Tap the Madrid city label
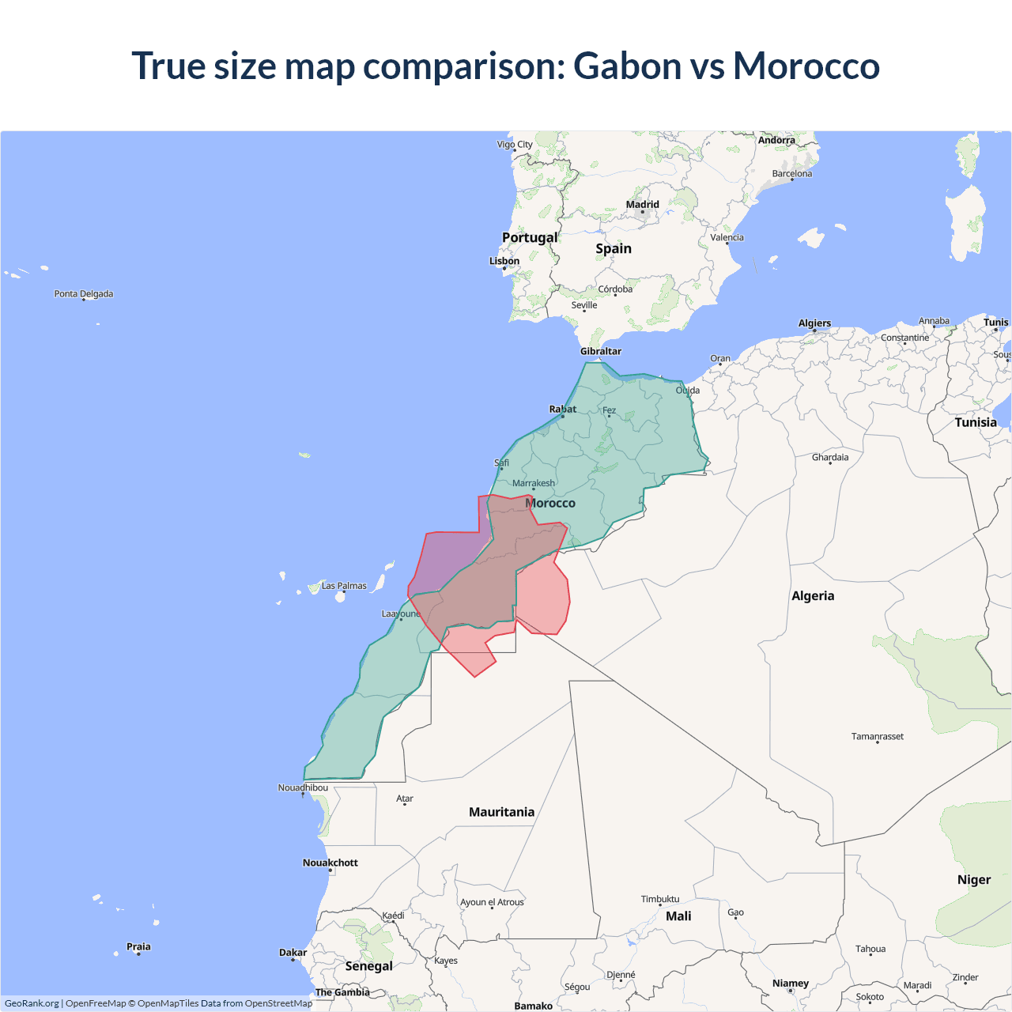(x=642, y=205)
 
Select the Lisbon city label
(x=504, y=261)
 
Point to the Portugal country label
(x=530, y=237)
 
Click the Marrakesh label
(x=534, y=483)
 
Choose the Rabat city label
(x=563, y=409)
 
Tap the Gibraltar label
(x=601, y=351)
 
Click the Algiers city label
(x=814, y=323)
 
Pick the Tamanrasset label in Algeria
(x=878, y=736)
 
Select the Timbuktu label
(x=660, y=899)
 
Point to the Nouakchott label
(x=330, y=863)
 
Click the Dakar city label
(x=293, y=953)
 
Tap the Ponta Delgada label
(x=84, y=293)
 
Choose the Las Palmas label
(x=344, y=586)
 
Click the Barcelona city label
(x=792, y=174)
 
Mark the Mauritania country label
(x=501, y=812)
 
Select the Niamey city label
(x=791, y=984)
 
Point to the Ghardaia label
(x=830, y=457)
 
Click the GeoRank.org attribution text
(x=32, y=1003)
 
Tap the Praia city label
(x=138, y=946)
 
